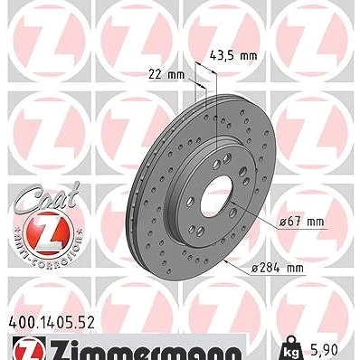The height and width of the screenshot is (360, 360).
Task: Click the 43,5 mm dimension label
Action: pos(233,55)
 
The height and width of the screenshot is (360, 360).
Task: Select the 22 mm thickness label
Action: pos(166,74)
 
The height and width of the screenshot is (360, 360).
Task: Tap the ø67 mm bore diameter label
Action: pos(301,222)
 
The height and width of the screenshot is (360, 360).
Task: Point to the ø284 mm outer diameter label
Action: pos(278,268)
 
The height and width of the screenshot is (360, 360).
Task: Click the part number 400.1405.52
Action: pos(52,323)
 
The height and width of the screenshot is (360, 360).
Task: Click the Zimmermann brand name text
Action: pos(146,350)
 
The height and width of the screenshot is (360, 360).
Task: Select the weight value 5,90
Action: pos(323,350)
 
